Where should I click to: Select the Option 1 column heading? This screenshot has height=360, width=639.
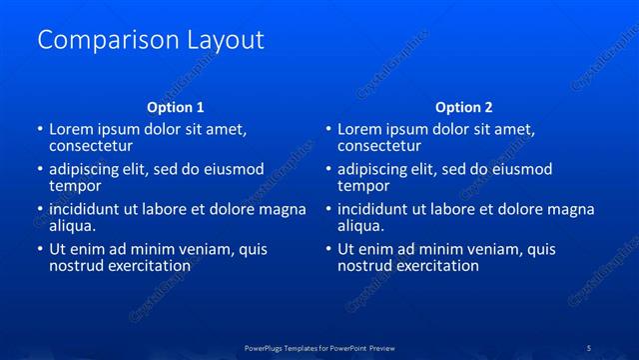(176, 107)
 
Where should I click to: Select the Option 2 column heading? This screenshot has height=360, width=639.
(464, 107)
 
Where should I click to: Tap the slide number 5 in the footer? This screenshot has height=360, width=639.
(589, 347)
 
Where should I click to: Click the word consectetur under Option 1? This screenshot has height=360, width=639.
(91, 146)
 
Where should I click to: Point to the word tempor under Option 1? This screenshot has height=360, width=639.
(75, 186)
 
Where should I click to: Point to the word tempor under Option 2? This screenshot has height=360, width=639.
(363, 186)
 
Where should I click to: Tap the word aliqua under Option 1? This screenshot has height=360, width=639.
(73, 226)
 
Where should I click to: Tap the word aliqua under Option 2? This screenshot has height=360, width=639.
(361, 226)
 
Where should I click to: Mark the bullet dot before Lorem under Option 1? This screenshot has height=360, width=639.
(39, 130)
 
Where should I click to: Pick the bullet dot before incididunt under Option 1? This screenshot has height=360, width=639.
(39, 210)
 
